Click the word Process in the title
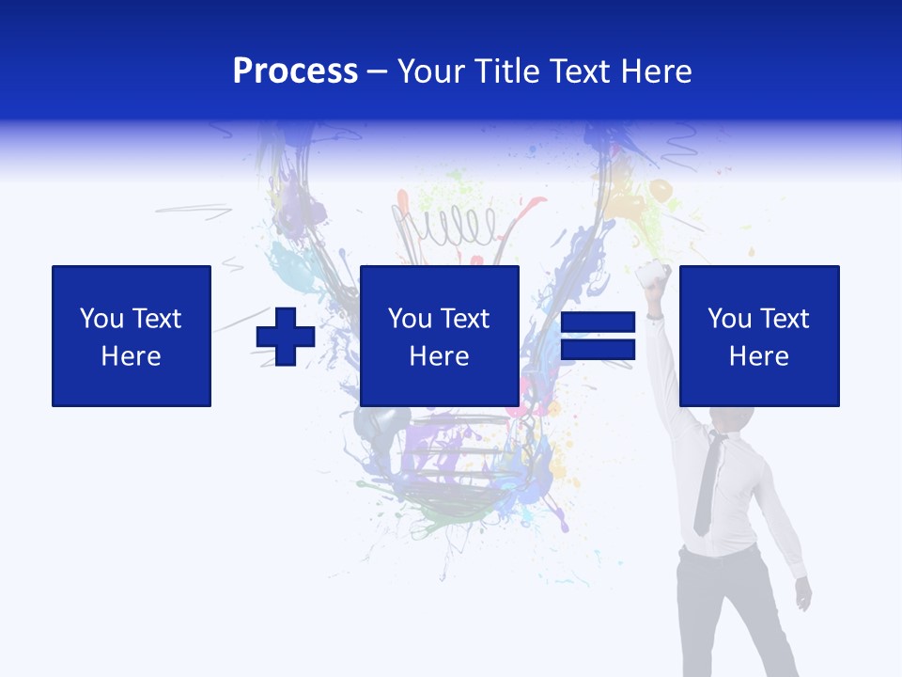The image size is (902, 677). (295, 71)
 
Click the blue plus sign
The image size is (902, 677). (286, 337)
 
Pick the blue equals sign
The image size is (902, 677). (599, 337)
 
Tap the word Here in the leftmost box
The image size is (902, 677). (131, 356)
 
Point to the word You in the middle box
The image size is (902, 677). (410, 319)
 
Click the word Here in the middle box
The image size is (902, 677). (439, 356)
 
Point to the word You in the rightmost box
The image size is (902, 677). (729, 319)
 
